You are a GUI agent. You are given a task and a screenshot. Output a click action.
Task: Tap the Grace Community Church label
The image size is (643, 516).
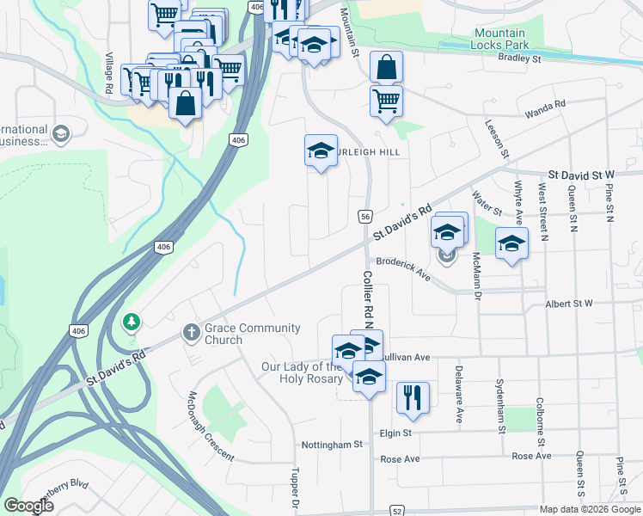click(252, 333)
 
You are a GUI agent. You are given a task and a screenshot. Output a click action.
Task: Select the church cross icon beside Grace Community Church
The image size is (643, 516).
click(191, 331)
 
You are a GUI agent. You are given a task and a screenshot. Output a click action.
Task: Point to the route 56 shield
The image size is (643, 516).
click(365, 217)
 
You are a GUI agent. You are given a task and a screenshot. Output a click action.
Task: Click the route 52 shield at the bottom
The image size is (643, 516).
click(396, 510)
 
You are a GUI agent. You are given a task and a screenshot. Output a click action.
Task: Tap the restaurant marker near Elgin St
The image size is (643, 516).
click(413, 397)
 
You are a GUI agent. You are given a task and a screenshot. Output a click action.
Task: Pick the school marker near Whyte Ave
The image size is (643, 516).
click(511, 243)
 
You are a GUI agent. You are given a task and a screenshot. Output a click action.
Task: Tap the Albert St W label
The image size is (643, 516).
click(569, 304)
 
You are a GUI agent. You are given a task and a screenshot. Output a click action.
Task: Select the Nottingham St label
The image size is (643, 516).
click(333, 445)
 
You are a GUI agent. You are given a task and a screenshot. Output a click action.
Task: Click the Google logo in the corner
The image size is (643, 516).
click(28, 506)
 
